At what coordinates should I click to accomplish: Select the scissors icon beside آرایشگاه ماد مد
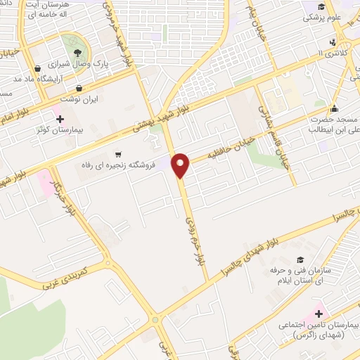pos(37,69)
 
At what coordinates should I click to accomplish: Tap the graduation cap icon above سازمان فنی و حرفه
pos(300,259)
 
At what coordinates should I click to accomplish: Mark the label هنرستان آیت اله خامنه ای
pos(58,9)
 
